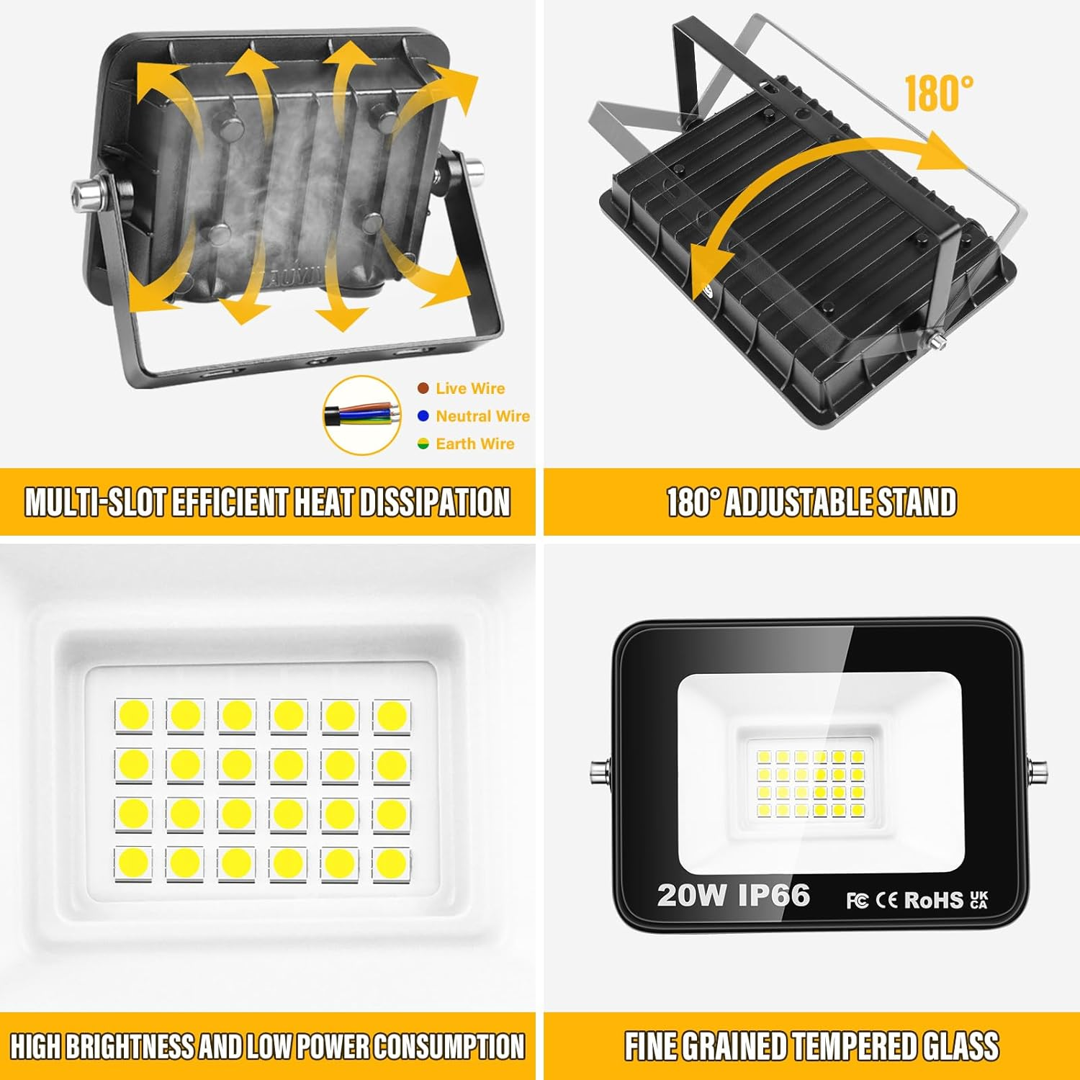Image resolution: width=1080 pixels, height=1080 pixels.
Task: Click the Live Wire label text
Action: click(470, 389)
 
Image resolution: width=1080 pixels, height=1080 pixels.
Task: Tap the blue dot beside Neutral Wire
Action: click(423, 416)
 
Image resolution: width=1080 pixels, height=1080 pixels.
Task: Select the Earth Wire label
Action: click(475, 444)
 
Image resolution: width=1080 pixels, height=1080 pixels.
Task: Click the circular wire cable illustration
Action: click(362, 415)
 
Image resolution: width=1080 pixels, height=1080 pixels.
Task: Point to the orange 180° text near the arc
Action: click(938, 93)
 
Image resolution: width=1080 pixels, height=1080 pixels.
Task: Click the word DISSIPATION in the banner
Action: click(434, 502)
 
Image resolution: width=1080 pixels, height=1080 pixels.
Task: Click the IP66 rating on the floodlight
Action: click(774, 895)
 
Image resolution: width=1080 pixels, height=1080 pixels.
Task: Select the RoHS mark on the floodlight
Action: click(933, 900)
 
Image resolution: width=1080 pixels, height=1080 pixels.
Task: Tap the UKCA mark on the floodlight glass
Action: click(979, 900)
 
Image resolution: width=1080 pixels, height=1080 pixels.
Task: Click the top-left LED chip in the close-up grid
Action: click(133, 716)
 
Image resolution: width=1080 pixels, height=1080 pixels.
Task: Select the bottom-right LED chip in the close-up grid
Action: click(392, 863)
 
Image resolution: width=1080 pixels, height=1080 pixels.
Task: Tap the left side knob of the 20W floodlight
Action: click(600, 773)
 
